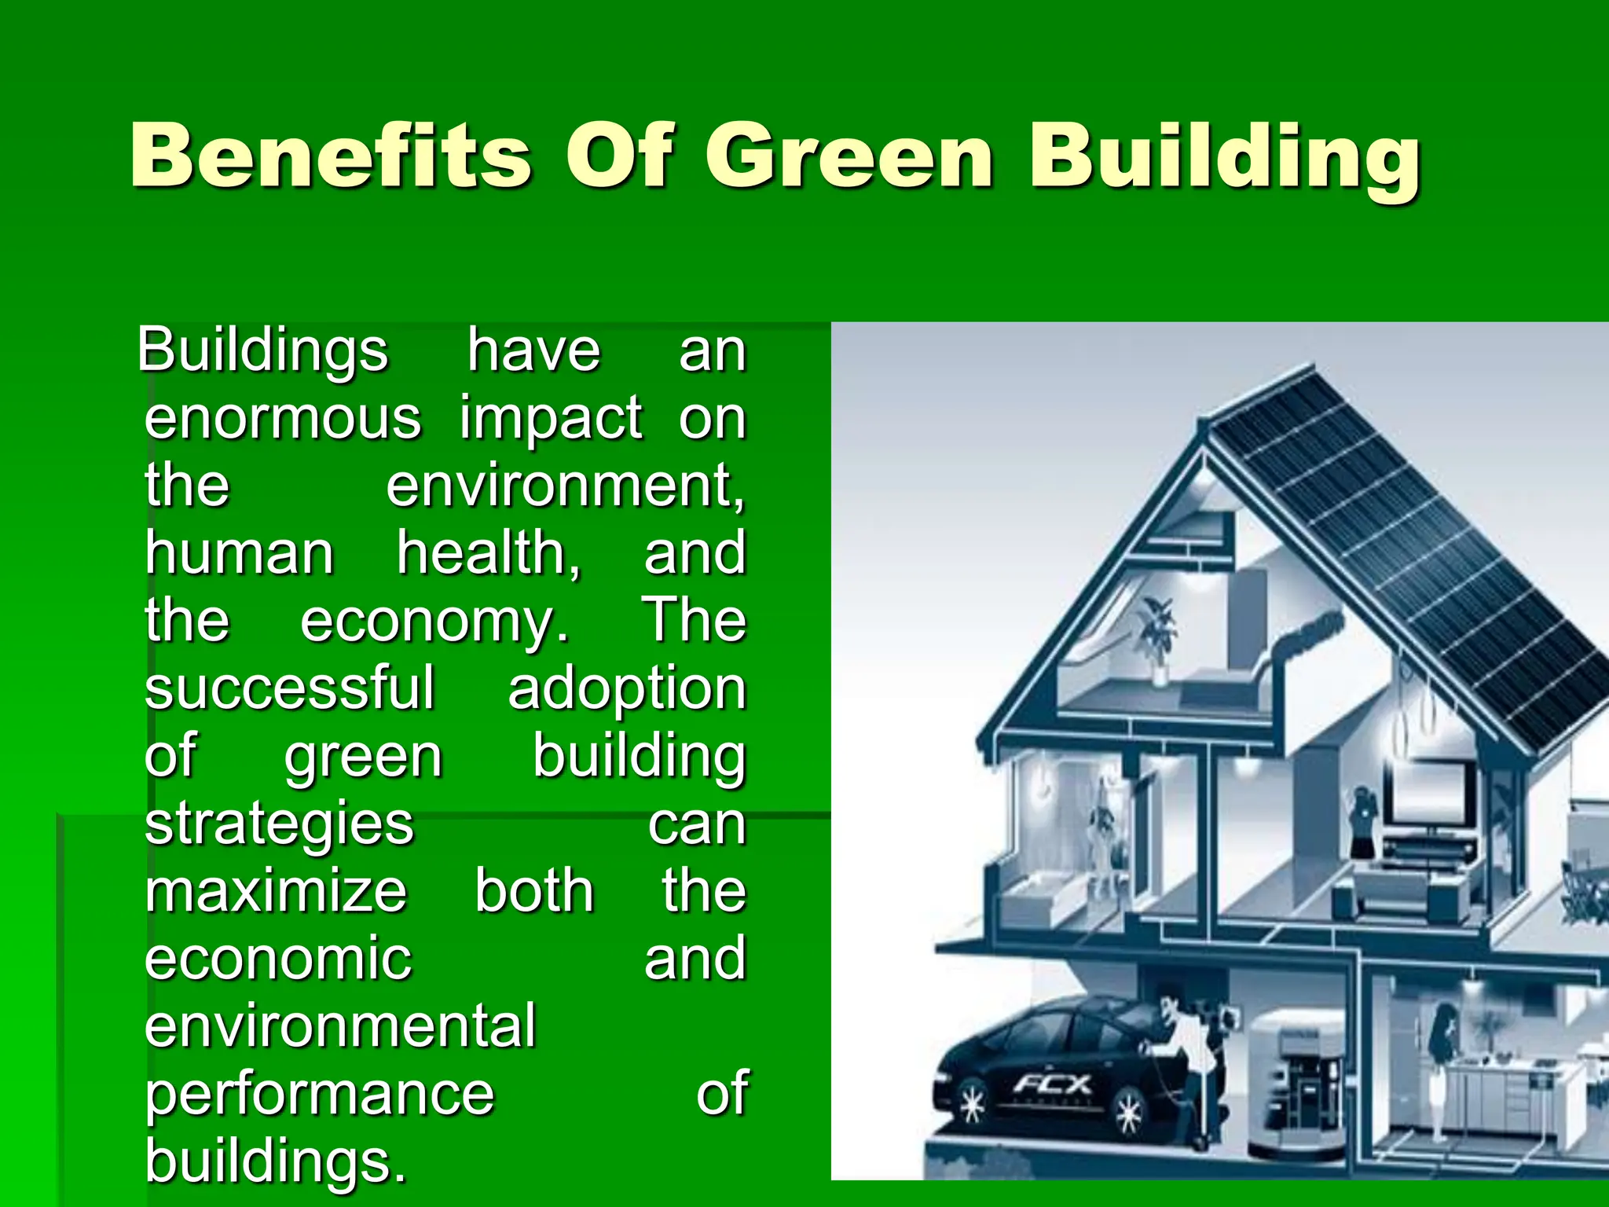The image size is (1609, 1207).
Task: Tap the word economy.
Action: coord(434,621)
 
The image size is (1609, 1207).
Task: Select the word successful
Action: coord(289,688)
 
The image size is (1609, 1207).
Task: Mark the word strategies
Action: coord(279,824)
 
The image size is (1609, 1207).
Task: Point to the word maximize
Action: coord(276,891)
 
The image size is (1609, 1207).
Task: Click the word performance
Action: coord(320,1094)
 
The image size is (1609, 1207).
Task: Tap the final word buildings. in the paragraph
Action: coord(276,1160)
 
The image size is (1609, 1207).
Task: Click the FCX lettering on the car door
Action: coord(1051,1085)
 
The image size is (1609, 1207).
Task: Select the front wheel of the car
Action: coord(973,1106)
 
